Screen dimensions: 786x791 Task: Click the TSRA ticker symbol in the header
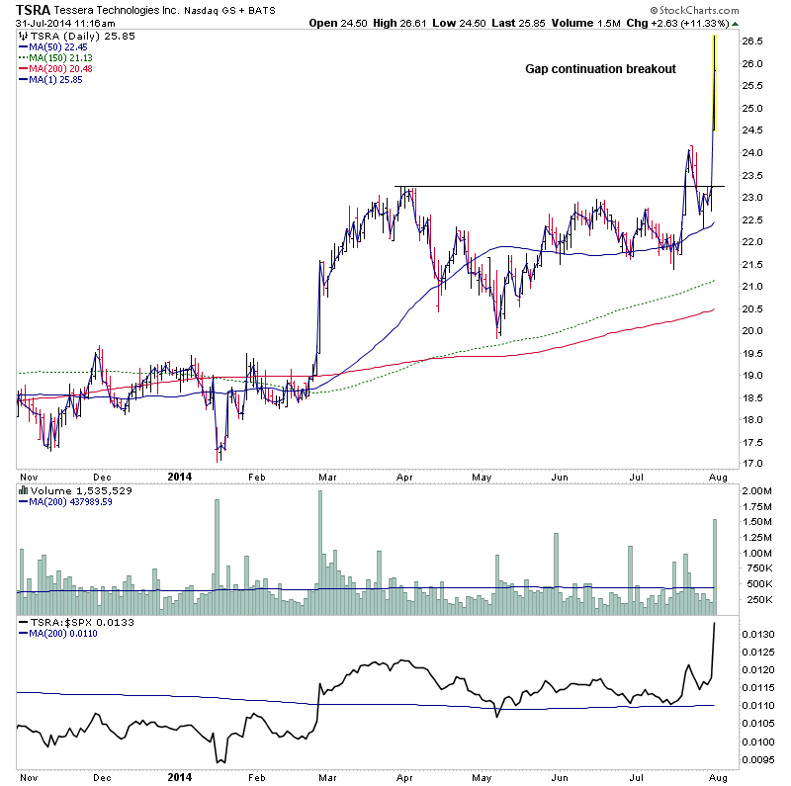[x=35, y=10]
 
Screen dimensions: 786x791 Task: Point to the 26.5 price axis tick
[x=753, y=42]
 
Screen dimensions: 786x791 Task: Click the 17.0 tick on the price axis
[x=753, y=464]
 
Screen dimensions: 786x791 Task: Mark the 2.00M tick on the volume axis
[x=757, y=491]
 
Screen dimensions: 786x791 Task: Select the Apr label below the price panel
[x=403, y=476]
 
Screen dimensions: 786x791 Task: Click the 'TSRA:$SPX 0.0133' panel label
[x=77, y=623]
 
